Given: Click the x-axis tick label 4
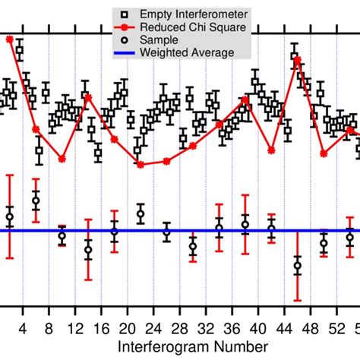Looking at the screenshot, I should tap(23, 329).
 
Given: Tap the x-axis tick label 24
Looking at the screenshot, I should tap(153, 329).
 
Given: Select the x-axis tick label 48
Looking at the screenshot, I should tap(311, 329).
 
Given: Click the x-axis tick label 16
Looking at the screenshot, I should tap(101, 329).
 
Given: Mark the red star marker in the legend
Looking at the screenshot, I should tap(121, 27).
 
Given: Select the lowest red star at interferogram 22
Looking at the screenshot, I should tap(141, 164).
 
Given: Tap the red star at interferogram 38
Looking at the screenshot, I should tap(245, 99).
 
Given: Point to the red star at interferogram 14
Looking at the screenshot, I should tap(87, 96).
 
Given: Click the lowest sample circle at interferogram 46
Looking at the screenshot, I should tap(297, 266).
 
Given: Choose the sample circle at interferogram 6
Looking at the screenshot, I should tap(36, 201).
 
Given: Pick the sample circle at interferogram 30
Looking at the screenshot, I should tap(193, 246).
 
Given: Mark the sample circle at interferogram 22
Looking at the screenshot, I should tap(141, 215).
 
